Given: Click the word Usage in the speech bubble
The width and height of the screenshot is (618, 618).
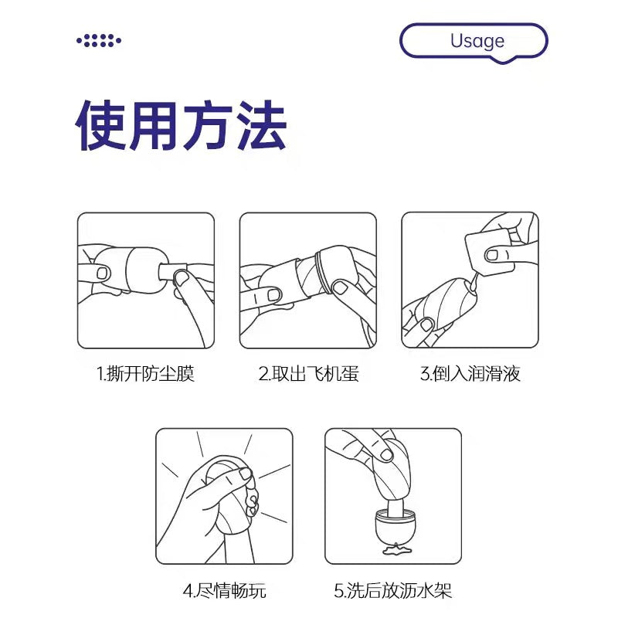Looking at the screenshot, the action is click(477, 41).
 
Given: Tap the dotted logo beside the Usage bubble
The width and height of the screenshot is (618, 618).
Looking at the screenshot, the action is click(99, 41).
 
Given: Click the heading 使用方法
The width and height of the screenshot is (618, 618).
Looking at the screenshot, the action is click(181, 125).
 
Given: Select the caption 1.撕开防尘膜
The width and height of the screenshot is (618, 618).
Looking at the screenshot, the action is click(145, 374).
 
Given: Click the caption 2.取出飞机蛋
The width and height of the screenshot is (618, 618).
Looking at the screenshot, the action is click(308, 374).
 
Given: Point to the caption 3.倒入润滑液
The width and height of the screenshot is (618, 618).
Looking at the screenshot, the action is click(470, 374).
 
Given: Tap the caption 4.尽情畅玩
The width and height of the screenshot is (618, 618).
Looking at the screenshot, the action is click(224, 591).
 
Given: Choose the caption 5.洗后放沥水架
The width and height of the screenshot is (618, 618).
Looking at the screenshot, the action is click(393, 591).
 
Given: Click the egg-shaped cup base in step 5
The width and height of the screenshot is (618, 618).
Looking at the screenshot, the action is click(396, 526).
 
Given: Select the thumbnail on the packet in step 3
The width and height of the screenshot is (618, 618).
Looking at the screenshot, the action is click(493, 255).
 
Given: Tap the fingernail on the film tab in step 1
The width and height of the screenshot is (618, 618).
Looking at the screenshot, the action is click(182, 277).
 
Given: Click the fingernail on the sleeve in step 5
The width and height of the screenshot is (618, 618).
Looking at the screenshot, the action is click(387, 456).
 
